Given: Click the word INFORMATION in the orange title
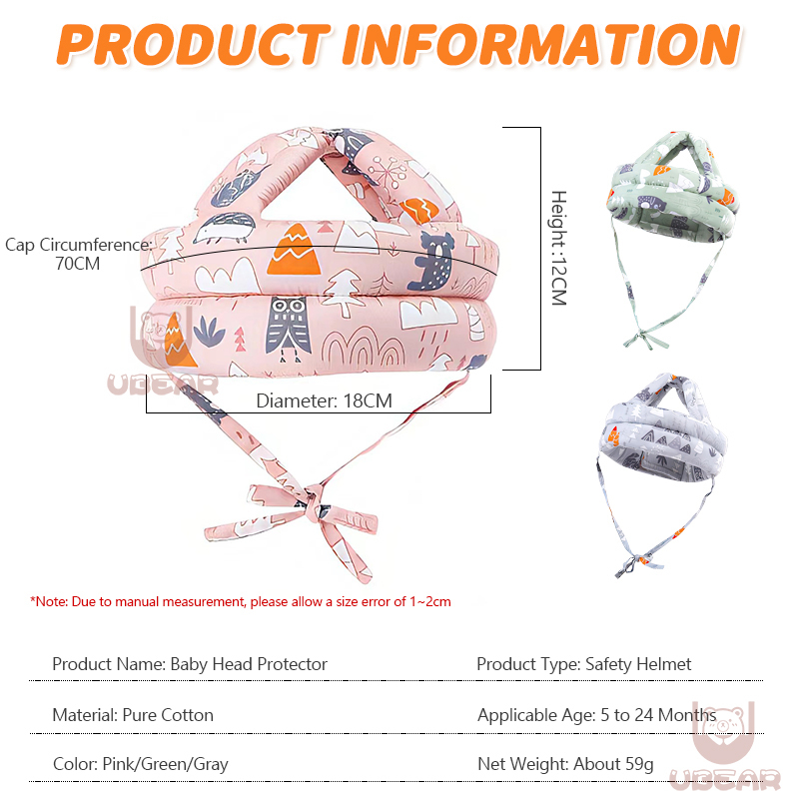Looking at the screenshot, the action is click(540, 44).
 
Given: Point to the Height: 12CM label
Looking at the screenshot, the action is click(558, 248).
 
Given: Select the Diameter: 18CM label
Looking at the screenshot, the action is click(324, 400).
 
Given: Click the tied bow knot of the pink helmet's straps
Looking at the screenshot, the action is click(313, 500).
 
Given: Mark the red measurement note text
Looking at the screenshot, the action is click(241, 601).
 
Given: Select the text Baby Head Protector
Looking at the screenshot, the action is click(249, 663).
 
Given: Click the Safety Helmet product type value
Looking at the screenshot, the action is click(638, 663).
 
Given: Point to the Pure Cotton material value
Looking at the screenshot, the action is click(168, 715).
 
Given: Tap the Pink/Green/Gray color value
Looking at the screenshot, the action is click(166, 764).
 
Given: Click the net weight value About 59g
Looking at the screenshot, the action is click(613, 764).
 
